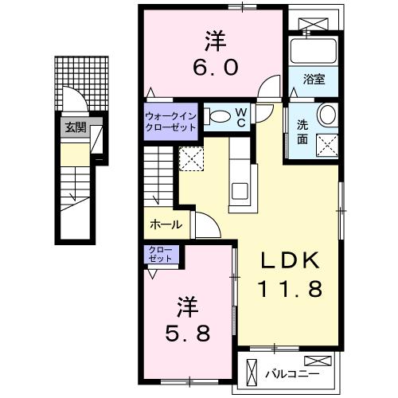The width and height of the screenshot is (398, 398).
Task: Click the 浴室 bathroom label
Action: pyautogui.click(x=314, y=78)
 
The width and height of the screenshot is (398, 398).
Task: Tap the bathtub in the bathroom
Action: pyautogui.click(x=313, y=51)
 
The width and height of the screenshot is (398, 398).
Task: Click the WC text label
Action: pyautogui.click(x=240, y=117)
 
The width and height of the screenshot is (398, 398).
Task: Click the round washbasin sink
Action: pyautogui.click(x=326, y=116)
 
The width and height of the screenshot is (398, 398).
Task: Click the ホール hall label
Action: pyautogui.click(x=166, y=225)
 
